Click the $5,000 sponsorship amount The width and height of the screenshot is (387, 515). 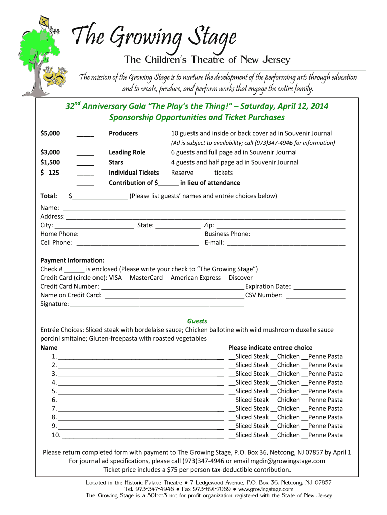tap(50, 133)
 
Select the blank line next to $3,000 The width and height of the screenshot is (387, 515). tap(85, 153)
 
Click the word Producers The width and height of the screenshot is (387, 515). tap(123, 133)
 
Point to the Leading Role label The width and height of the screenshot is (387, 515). tap(127, 152)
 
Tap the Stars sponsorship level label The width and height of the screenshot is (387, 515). tap(116, 162)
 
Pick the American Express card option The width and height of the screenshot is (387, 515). tap(196, 278)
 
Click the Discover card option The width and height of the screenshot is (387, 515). tap(241, 278)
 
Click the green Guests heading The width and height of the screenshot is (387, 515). tap(197, 321)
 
